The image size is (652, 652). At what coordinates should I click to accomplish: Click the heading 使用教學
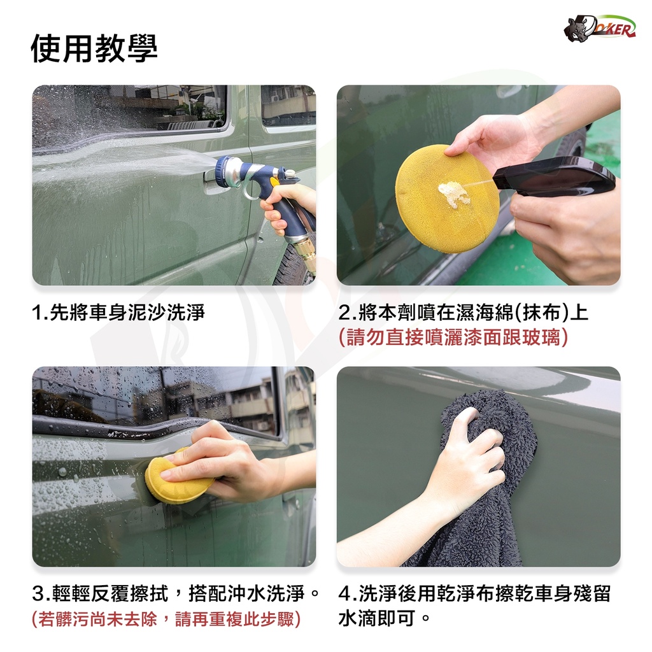click(x=94, y=48)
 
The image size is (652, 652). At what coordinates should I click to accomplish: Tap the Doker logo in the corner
click(x=599, y=28)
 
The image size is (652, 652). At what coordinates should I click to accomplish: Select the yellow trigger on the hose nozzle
click(x=274, y=182)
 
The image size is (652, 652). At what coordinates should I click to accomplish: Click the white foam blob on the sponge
click(x=454, y=194)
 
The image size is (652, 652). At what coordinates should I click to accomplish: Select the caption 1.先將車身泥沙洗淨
click(x=118, y=313)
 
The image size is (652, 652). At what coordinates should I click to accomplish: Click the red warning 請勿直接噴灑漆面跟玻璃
click(x=453, y=337)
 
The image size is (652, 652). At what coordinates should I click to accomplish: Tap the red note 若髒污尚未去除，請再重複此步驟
click(x=166, y=619)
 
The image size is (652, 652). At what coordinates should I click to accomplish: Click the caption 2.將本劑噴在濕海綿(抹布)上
click(x=464, y=313)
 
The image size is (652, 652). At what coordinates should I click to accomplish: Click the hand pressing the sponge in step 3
click(x=233, y=462)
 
